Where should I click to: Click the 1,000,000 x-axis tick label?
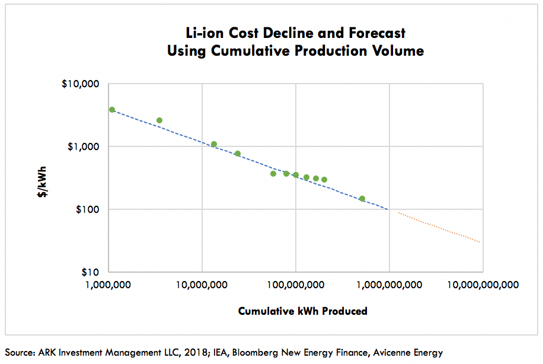coord(109,285)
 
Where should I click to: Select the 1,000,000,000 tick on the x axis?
coord(389,285)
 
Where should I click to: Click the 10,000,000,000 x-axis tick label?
coord(483,285)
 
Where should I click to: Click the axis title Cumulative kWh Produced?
coord(302,311)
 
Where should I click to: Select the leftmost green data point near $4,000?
coord(112,110)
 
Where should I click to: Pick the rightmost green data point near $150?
coord(362,199)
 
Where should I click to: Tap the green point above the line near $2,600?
coord(159,120)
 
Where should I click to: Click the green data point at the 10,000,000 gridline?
coord(214,144)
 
